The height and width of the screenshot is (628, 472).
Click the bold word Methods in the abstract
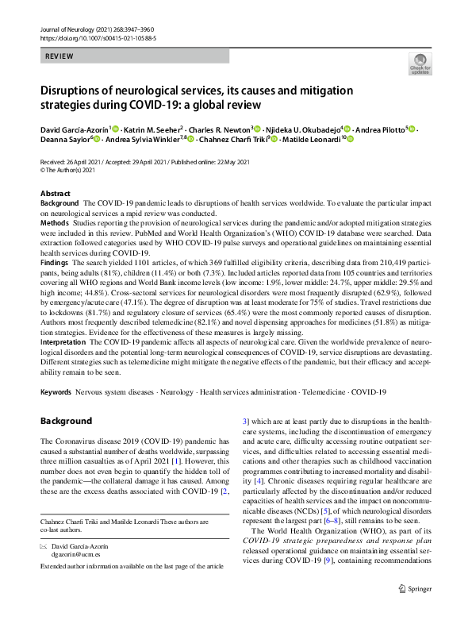tap(56, 225)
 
